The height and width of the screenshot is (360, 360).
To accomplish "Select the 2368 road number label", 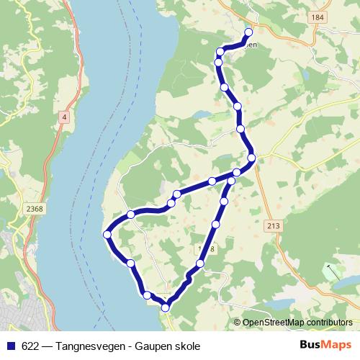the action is [33, 209].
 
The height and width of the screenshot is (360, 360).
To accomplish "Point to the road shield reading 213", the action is [273, 226].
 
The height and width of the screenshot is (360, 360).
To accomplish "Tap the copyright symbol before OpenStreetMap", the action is [238, 323].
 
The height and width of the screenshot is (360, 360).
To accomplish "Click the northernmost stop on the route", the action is [248, 32].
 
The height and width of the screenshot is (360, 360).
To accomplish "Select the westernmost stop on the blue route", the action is [107, 234].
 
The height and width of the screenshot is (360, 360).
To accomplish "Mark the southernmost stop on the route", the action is [166, 307].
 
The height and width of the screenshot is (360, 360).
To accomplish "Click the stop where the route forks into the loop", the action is [236, 172].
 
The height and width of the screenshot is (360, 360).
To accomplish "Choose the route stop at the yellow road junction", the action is [251, 158].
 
